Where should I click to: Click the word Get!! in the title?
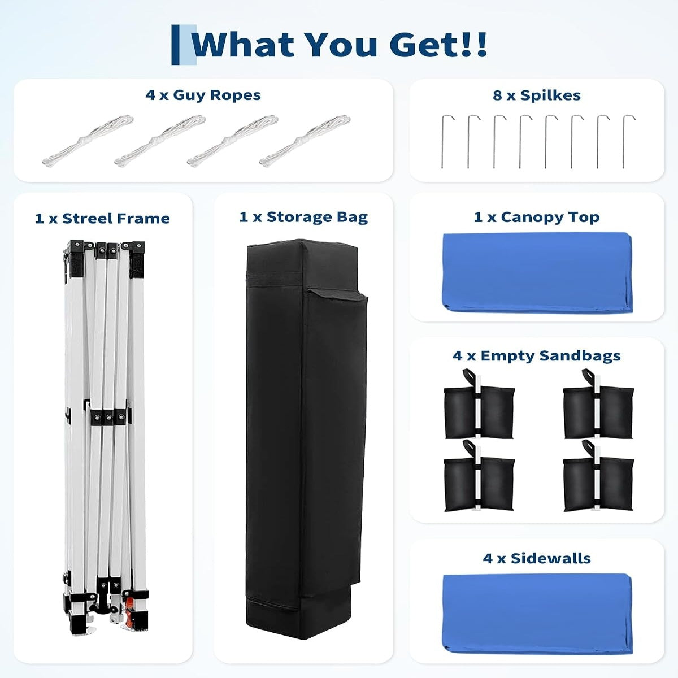438,45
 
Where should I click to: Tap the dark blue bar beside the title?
175,45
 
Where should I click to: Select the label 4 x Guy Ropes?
203,95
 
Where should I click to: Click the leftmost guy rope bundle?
88,140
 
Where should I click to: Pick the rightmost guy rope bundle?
305,140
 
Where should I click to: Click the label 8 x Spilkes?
537,95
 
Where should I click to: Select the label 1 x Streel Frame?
102,219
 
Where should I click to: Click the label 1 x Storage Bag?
303,217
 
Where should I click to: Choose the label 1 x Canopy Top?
537,217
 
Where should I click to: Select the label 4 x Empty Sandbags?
537,356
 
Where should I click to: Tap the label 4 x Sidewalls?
537,558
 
